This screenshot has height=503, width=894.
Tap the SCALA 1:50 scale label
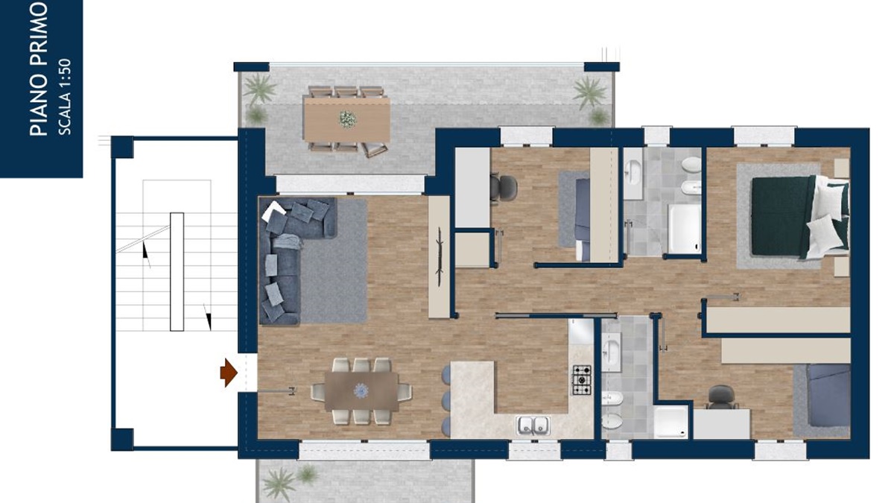coord(65,97)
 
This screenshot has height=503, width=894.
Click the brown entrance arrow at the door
coord(229,373)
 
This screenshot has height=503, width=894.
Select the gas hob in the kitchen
coord(583,380)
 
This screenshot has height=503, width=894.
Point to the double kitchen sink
coord(533,426)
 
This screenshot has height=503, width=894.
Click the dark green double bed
coord(800,217)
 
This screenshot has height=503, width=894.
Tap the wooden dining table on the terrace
coord(346,120)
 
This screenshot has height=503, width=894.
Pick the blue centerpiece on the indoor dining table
coord(361,390)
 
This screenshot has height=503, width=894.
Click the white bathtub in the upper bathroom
coord(685,228)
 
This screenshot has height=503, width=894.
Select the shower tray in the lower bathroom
coord(671,422)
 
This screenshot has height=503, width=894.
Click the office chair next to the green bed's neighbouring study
coord(504,188)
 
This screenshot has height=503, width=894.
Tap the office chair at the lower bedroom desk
coord(721,397)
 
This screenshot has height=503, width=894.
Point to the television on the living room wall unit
coord(440,256)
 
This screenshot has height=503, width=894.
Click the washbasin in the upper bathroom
coord(633,171)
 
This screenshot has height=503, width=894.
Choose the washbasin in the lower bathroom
coord(611,352)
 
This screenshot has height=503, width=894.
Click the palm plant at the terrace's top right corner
coord(590,93)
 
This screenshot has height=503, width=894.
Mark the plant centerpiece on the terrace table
coord(348,119)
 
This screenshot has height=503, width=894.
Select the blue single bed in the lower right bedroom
coord(828,400)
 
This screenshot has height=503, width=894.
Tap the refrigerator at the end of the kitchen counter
coord(581,331)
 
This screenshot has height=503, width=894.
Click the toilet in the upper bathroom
coord(691,165)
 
